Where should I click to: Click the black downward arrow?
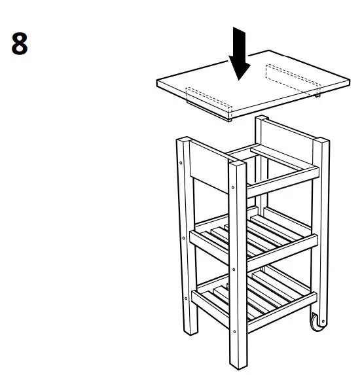point(240,56)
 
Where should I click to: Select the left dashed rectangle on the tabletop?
point(209,99)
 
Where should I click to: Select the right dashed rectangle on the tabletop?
point(291,77)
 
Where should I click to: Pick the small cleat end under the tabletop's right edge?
point(317,94)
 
